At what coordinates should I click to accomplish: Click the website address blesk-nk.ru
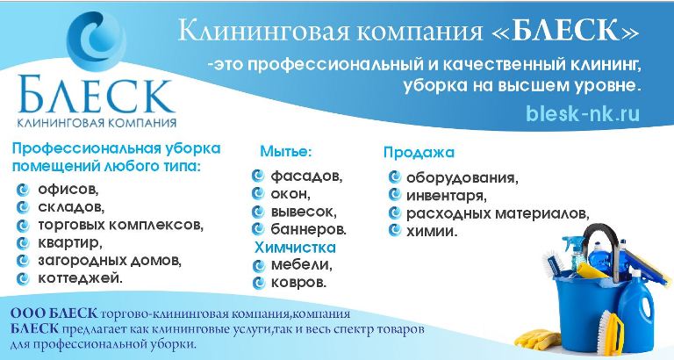click(583, 114)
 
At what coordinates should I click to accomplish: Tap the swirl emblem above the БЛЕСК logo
click(97, 41)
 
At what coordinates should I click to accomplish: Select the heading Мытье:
click(285, 151)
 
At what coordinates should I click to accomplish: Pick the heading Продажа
click(419, 152)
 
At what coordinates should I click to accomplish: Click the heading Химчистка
click(295, 248)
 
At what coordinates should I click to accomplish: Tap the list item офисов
click(68, 190)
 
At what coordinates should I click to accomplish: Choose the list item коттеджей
click(81, 278)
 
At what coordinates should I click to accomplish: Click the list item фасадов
click(306, 176)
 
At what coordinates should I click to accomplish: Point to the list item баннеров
click(309, 230)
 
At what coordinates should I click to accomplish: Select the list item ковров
click(298, 283)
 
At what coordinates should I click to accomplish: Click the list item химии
click(432, 232)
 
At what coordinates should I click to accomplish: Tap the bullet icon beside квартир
click(22, 243)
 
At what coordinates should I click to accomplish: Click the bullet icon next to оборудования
click(394, 176)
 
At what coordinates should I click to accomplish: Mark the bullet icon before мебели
click(258, 266)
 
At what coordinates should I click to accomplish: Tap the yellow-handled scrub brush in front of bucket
click(612, 330)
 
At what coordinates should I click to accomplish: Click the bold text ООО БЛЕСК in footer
click(54, 313)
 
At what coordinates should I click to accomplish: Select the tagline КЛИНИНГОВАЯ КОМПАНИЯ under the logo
click(97, 123)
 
